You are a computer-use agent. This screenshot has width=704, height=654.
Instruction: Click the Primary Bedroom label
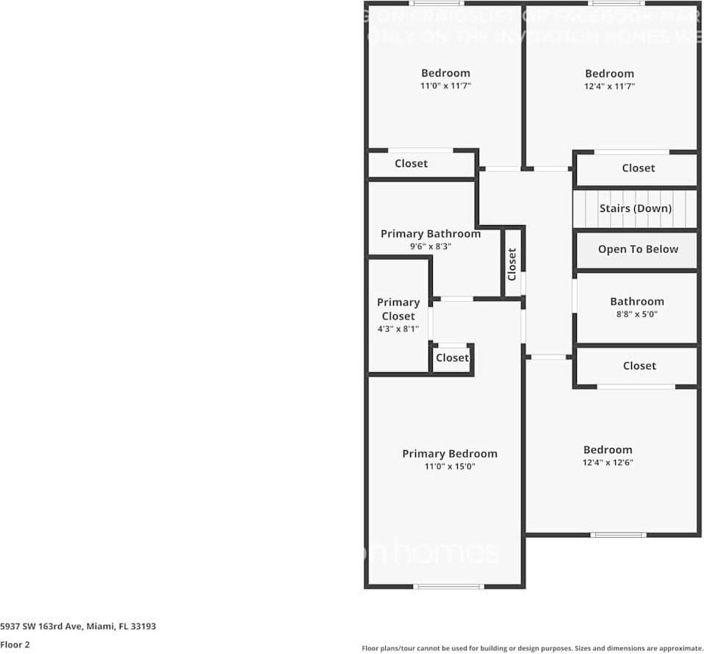tap(449, 454)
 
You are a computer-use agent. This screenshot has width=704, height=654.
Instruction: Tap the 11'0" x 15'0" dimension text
tap(449, 466)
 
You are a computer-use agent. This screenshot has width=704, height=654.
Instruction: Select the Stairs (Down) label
tap(635, 208)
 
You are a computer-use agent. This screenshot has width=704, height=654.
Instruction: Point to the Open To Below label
tap(637, 249)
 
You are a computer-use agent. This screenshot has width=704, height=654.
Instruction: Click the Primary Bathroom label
tap(430, 234)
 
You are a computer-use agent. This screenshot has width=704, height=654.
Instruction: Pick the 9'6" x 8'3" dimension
tap(430, 246)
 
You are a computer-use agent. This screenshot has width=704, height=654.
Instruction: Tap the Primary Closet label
tap(398, 309)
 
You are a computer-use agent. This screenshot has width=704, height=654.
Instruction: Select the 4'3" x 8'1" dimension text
tap(398, 329)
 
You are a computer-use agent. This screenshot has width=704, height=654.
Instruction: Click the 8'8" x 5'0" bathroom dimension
tap(636, 313)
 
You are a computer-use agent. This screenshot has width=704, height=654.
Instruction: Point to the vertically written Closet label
tap(512, 264)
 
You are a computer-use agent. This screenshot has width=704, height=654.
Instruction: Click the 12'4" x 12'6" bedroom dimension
tap(608, 463)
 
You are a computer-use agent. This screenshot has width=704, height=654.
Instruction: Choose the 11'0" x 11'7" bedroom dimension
tap(445, 85)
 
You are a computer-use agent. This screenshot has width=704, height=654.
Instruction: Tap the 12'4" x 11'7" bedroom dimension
tap(609, 86)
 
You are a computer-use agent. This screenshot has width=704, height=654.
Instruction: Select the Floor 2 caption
tap(15, 644)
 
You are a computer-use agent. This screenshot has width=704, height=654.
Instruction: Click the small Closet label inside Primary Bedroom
tap(452, 358)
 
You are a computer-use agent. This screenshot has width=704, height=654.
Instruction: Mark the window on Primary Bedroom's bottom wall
tap(449, 586)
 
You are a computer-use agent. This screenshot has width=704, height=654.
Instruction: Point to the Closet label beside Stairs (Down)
tap(638, 168)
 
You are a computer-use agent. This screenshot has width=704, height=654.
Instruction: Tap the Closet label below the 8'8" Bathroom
tap(639, 366)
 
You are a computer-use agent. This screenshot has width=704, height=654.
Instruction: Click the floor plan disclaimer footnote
tap(532, 648)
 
